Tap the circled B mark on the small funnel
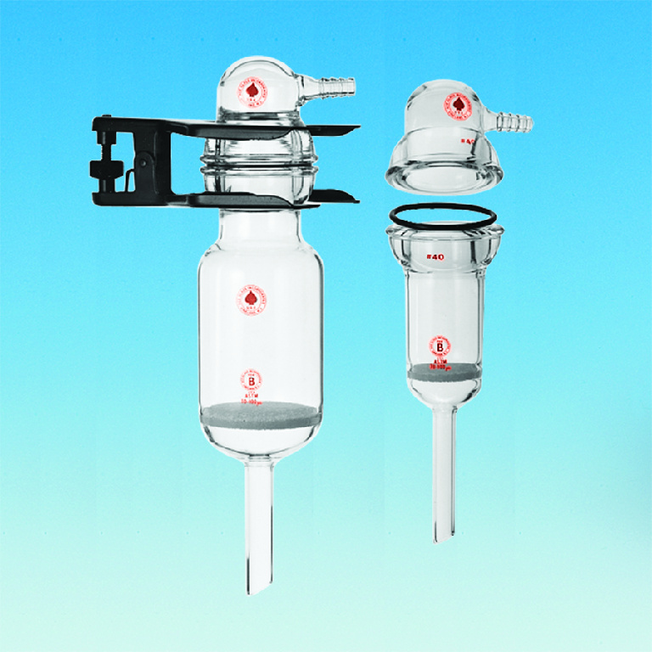click(441, 346)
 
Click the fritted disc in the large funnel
click(261, 415)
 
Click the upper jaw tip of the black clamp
click(352, 129)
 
